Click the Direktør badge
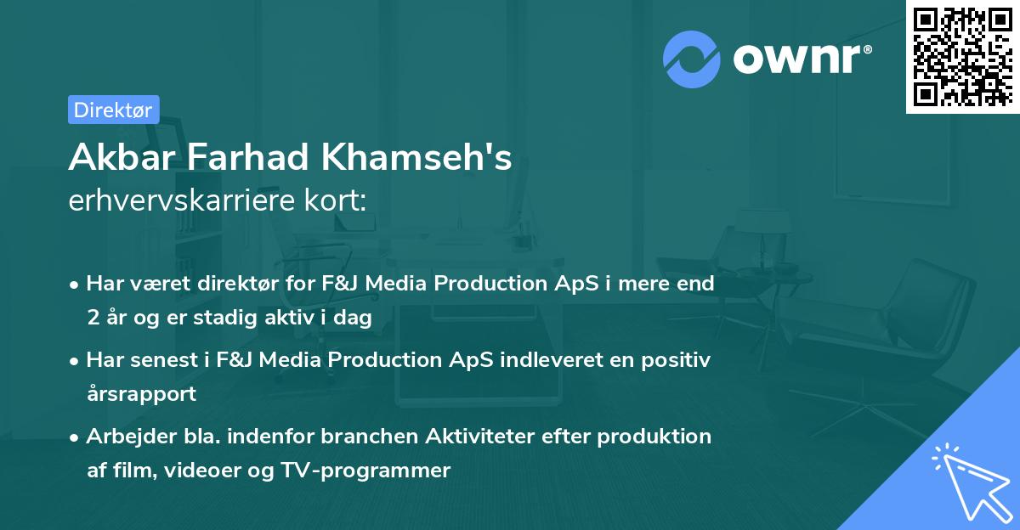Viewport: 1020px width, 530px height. click(113, 110)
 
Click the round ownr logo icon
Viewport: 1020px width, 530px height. click(692, 58)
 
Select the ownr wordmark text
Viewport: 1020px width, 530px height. click(802, 58)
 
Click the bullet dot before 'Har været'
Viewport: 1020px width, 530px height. click(76, 285)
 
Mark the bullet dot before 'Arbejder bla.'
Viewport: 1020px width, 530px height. click(76, 437)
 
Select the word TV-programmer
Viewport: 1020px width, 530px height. click(382, 470)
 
